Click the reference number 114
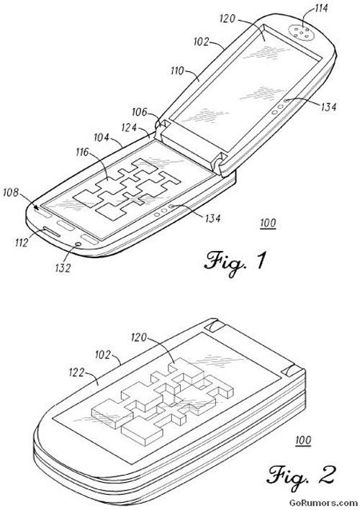tap(320, 8)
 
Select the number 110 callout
tap(177, 70)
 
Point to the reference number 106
tap(139, 112)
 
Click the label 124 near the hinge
tap(129, 127)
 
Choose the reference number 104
tap(102, 137)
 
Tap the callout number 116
tap(83, 152)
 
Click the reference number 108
tap(11, 193)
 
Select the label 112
tap(22, 242)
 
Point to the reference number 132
tap(63, 268)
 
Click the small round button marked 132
tap(78, 245)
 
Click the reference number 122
tap(77, 373)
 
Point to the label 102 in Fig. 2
tap(103, 355)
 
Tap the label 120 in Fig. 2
tap(139, 337)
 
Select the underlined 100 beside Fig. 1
tap(268, 223)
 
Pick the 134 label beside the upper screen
tap(328, 106)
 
